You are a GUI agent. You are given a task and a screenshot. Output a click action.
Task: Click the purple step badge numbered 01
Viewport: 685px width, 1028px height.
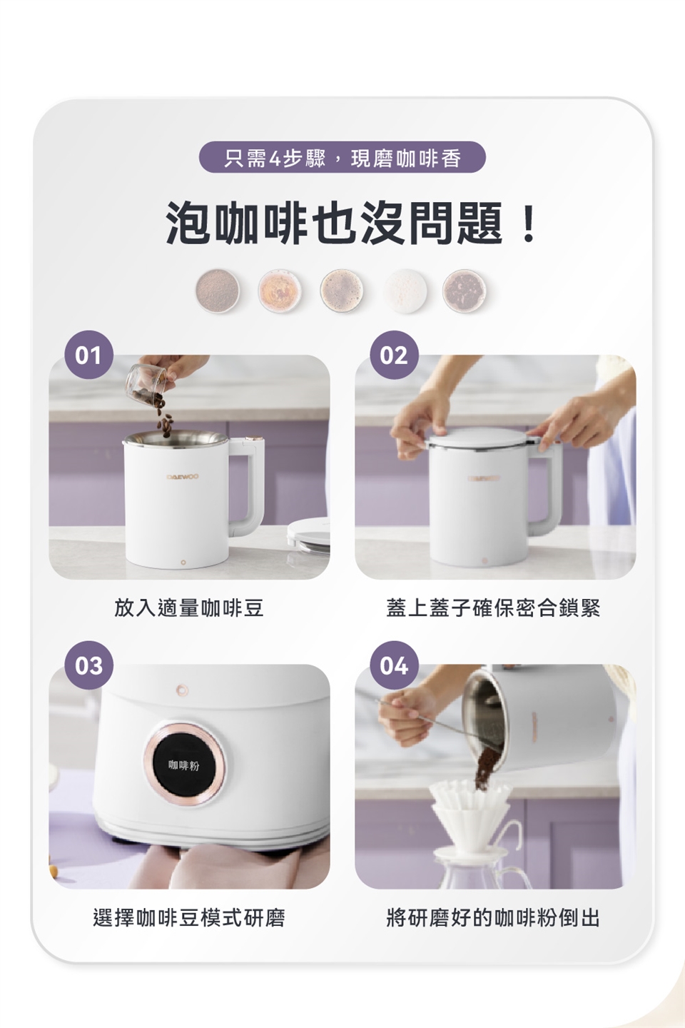[x=88, y=355]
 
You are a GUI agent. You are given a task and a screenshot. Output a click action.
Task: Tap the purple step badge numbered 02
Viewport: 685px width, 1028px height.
[x=394, y=355]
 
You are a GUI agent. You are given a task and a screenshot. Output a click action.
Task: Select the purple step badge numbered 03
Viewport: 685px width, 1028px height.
[x=88, y=665]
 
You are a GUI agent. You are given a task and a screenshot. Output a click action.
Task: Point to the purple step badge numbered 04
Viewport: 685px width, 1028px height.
[x=394, y=665]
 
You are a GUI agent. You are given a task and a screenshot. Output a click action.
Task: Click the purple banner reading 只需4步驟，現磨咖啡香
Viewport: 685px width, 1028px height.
[x=342, y=157]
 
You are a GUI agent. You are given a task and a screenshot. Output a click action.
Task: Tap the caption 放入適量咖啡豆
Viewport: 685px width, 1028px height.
[x=189, y=608]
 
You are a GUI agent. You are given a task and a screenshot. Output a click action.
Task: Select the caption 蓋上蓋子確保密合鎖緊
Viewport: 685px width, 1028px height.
[x=493, y=608]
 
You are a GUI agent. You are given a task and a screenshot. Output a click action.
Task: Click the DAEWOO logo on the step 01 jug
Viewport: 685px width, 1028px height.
[x=183, y=477]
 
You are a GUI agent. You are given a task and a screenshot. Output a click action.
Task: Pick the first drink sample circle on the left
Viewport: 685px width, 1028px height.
[x=218, y=291]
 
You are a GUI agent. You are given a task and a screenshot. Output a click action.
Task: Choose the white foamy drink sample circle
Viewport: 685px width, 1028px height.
[x=405, y=291]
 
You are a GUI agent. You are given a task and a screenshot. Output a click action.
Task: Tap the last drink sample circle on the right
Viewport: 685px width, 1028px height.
[x=465, y=291]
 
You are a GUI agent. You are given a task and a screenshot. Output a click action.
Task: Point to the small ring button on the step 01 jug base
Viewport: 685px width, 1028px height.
[x=183, y=561]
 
